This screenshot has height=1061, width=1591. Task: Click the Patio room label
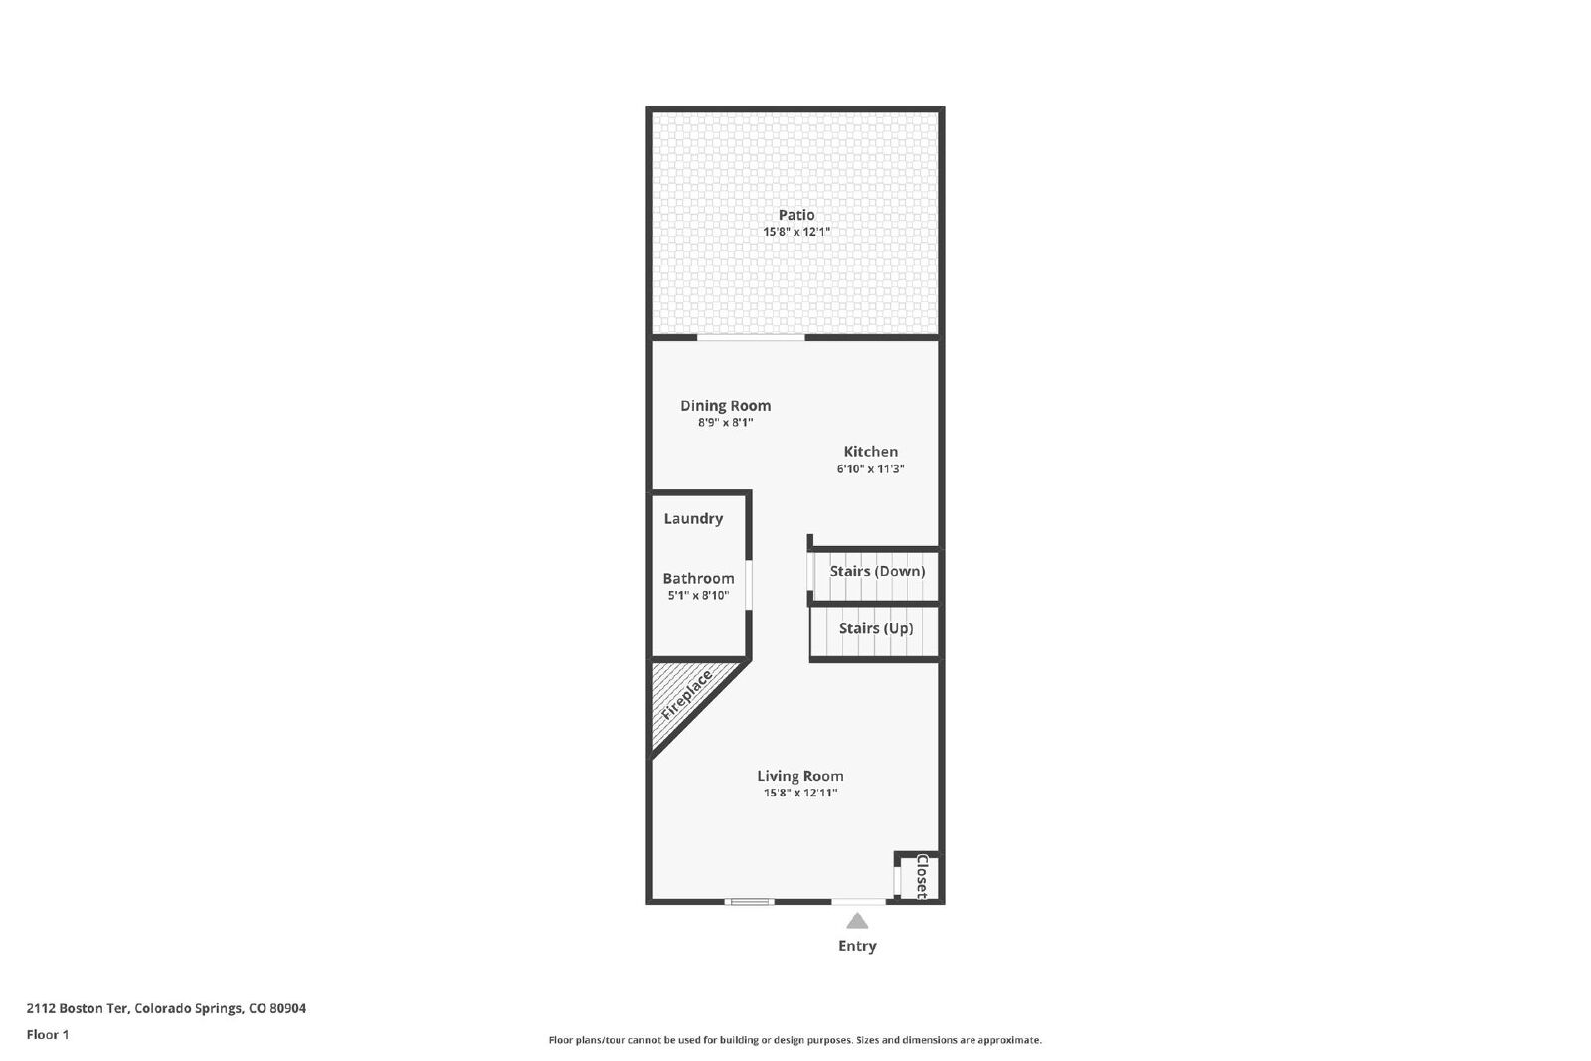coord(796,215)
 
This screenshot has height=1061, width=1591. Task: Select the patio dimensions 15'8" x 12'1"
coord(796,232)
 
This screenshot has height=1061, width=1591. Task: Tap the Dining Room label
coord(725,406)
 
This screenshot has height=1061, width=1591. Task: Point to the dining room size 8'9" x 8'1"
coord(725,422)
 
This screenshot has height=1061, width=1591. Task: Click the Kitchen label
coord(871,451)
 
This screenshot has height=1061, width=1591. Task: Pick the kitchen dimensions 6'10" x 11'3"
coord(870,468)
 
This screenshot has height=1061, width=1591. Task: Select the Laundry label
coord(693,519)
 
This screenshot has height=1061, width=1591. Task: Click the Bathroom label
coord(698,578)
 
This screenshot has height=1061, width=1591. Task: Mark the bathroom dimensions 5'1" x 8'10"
coord(698,595)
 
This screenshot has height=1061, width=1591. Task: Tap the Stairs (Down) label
coord(877,571)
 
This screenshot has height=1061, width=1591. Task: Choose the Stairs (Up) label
coord(876,628)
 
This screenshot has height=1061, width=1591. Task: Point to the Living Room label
coord(799,776)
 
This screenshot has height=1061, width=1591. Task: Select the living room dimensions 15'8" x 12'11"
coord(799,793)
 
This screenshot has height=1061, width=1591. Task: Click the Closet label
coord(922,877)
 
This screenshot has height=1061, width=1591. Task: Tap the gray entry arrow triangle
coord(857,921)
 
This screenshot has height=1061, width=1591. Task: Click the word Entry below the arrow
coord(857,946)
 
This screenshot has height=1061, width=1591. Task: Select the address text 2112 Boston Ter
coord(77,1008)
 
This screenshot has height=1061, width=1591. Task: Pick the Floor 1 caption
coord(48,1035)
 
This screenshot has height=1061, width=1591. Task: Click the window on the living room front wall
coord(750,902)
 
